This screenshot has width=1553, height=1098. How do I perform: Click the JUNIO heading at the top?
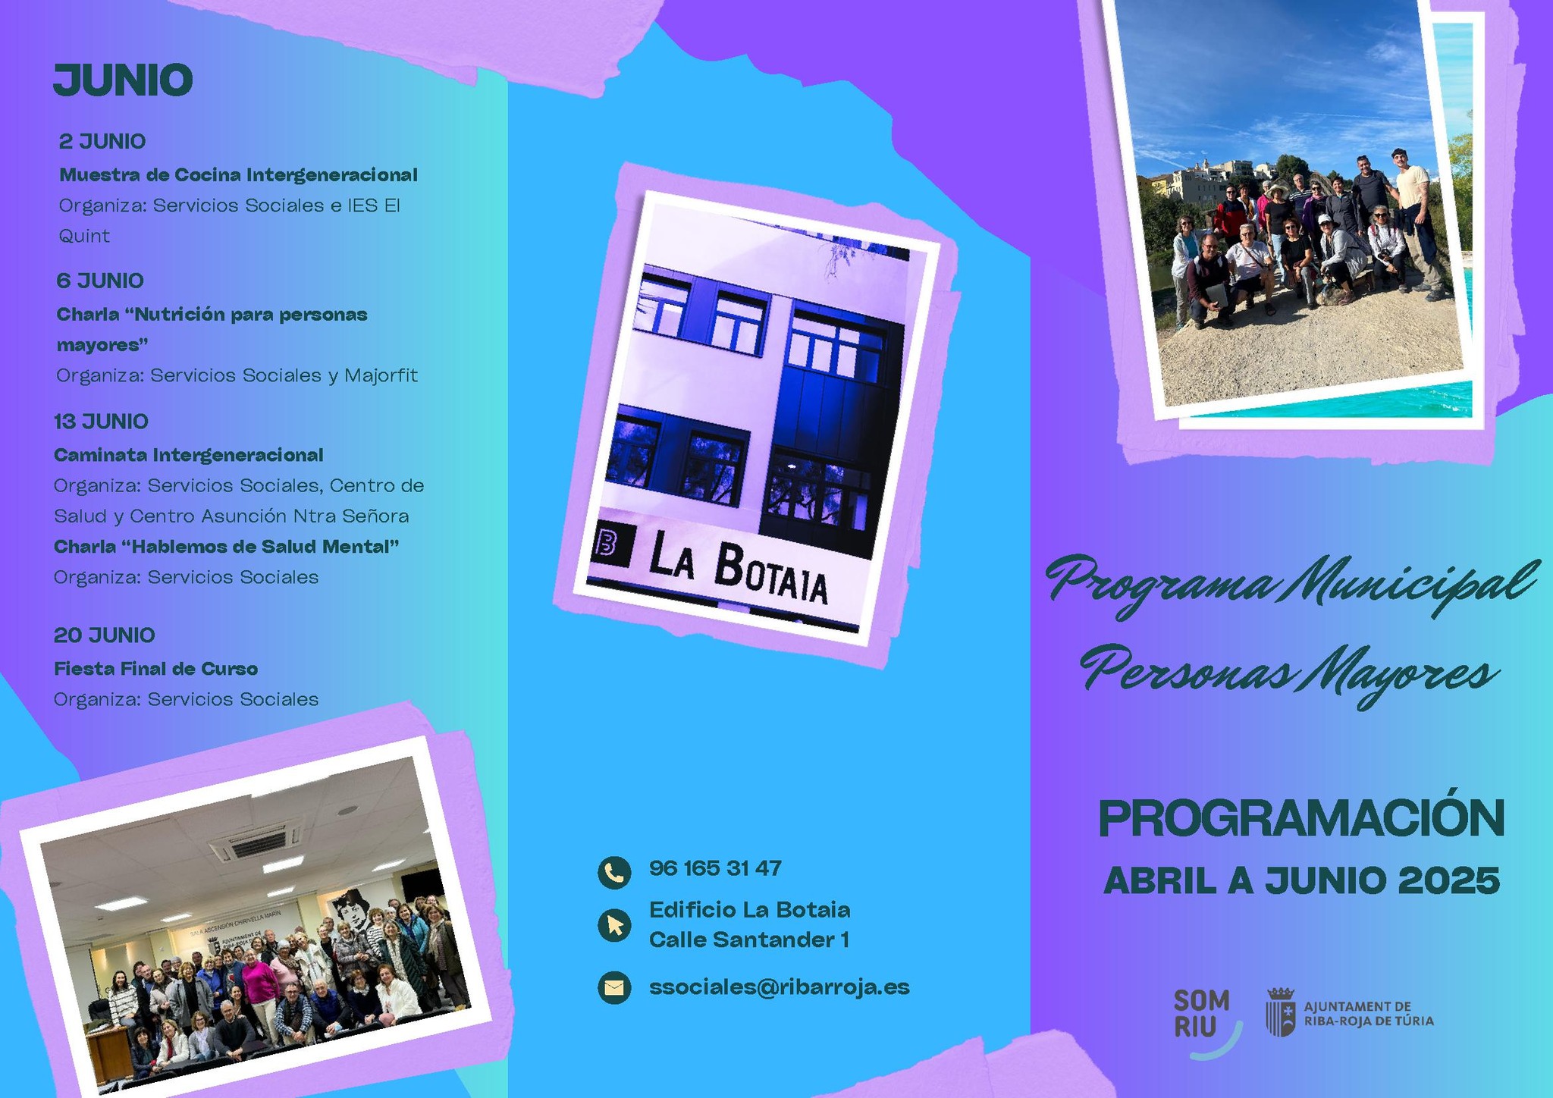click(123, 80)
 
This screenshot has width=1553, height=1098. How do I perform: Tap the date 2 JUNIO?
click(102, 142)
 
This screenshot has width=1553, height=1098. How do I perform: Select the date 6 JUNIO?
click(100, 281)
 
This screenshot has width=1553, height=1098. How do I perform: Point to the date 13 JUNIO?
click(101, 422)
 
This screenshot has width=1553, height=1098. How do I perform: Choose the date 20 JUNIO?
click(104, 635)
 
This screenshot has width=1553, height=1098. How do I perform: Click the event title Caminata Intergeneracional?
click(189, 455)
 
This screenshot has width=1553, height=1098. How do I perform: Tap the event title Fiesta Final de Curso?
click(155, 669)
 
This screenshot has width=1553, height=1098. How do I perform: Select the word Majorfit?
click(381, 375)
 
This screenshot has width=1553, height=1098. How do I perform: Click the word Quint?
click(84, 236)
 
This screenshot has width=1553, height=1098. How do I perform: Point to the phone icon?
click(614, 873)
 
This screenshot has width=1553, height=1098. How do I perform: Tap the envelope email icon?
click(614, 988)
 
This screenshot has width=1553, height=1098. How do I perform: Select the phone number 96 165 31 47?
click(715, 868)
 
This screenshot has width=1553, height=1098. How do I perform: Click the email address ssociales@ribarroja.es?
click(780, 987)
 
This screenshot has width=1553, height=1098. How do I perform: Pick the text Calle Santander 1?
click(749, 940)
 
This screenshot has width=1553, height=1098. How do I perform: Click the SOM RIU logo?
click(1206, 1021)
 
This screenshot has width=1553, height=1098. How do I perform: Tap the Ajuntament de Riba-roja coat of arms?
click(1281, 1012)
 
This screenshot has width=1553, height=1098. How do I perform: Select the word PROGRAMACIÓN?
click(1301, 817)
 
